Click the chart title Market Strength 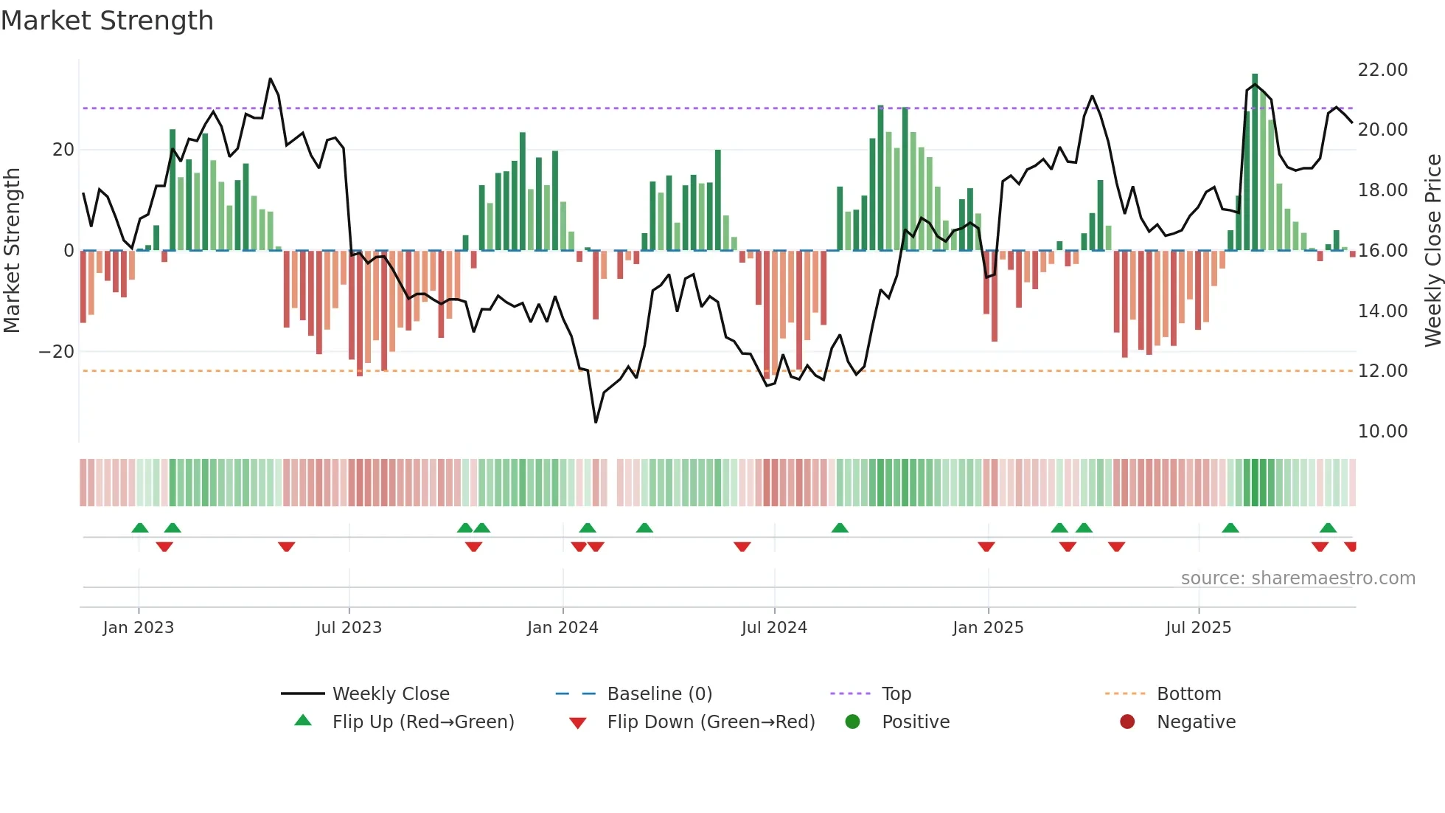(107, 21)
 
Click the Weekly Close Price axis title (1432, 250)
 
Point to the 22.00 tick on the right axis (1382, 70)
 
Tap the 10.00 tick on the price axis (1382, 432)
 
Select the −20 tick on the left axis (56, 352)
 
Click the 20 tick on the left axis (63, 150)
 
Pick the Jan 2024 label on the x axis (563, 628)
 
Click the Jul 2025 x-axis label (1198, 628)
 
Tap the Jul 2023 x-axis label (349, 628)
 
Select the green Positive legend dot (853, 722)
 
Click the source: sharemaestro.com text (1298, 578)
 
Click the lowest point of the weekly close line (596, 422)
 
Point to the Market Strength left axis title (12, 250)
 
